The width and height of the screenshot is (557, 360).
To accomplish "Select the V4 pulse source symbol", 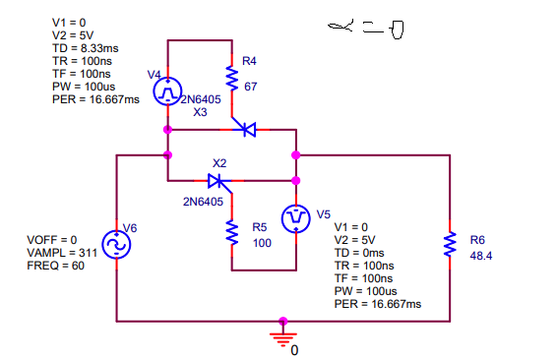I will pos(167,91).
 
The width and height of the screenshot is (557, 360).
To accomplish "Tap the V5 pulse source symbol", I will pos(295,218).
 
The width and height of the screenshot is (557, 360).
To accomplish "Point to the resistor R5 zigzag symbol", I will pos(232,233).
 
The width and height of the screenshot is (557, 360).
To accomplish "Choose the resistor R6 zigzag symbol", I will pos(450,243).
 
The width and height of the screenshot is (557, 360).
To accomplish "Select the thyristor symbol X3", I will pos(247,129).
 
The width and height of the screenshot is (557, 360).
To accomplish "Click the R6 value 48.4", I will pos(482,255).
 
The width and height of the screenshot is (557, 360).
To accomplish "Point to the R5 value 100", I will pos(262,242).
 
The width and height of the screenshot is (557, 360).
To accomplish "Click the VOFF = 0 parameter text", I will pos(54,240).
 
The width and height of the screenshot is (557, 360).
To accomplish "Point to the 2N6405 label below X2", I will pos(204,202).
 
